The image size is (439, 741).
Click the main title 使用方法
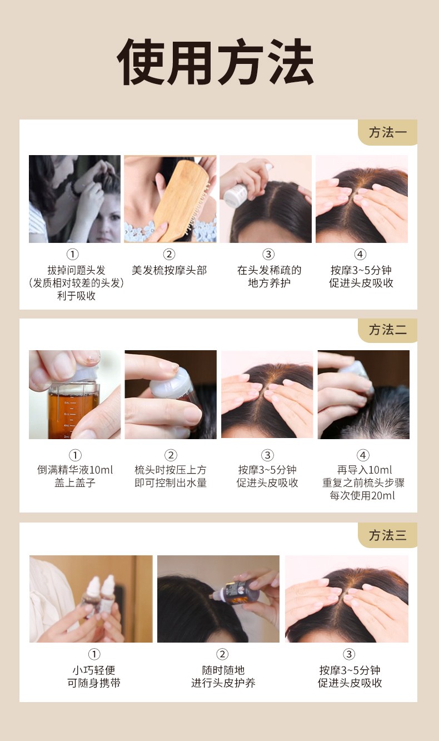[x=215, y=62]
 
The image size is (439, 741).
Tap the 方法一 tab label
[x=388, y=132]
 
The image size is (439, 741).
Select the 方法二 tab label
[x=388, y=330]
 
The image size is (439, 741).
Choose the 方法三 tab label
[x=388, y=535]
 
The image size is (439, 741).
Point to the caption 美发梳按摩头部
[x=169, y=270]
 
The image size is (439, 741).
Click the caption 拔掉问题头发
[x=76, y=270]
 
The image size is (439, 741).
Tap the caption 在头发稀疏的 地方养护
[x=269, y=276]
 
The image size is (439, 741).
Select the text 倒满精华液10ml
[x=75, y=470]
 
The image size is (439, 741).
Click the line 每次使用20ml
[x=362, y=495]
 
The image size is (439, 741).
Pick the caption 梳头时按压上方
[x=171, y=470]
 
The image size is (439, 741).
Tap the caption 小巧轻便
[x=94, y=670]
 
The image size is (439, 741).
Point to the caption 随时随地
[x=223, y=670]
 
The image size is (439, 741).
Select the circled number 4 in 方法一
[x=360, y=254]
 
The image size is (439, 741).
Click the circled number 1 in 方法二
[x=75, y=455]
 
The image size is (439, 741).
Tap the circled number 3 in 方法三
[x=349, y=654]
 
